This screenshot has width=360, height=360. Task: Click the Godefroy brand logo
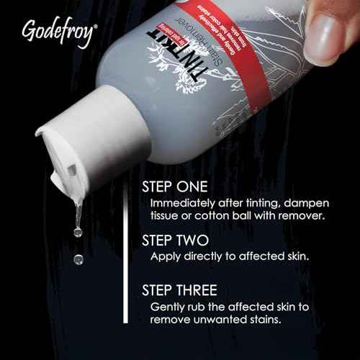tap(57, 33)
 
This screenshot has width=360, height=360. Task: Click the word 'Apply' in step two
tap(164, 256)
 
